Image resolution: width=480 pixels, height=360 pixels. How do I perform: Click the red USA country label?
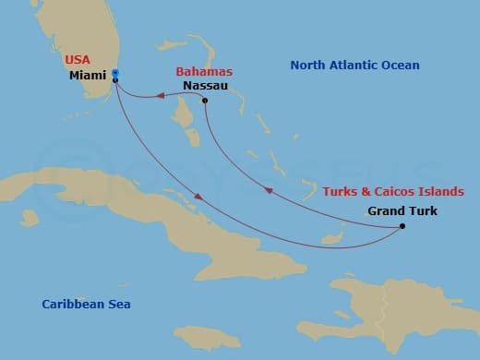tap(78, 59)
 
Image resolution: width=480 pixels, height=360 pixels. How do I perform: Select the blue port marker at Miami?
tap(114, 74)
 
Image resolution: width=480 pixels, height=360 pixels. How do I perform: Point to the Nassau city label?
tap(204, 85)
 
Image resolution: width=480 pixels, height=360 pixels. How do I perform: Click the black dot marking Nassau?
tap(204, 101)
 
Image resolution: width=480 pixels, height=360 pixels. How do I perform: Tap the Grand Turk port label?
tap(402, 210)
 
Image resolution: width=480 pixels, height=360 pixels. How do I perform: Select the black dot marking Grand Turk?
tap(402, 226)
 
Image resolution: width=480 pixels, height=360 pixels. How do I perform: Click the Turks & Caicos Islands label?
tap(392, 191)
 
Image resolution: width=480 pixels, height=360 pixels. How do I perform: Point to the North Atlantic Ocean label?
tap(354, 66)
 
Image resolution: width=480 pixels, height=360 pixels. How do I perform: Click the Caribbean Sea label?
tap(86, 304)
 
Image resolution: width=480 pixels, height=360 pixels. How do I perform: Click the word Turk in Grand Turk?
tap(421, 210)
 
